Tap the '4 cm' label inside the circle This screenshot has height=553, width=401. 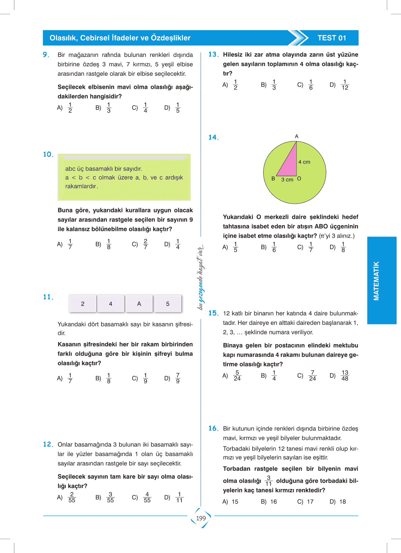point(304,162)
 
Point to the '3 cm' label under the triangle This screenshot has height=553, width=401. point(287,180)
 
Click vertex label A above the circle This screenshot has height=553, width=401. point(296,136)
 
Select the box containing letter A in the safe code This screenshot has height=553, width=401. point(139,304)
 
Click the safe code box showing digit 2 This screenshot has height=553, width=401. point(83,304)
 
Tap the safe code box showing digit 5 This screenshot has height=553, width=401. point(168,304)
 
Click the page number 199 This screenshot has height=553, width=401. point(201,518)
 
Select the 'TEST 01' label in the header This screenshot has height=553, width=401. point(332,38)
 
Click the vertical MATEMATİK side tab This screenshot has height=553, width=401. point(376,281)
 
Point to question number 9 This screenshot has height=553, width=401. point(46,55)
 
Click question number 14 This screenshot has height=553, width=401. point(213,137)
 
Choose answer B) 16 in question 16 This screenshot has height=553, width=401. point(269,502)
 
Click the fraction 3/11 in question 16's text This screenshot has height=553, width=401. point(268,481)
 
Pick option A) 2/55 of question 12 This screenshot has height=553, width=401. point(67,497)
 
